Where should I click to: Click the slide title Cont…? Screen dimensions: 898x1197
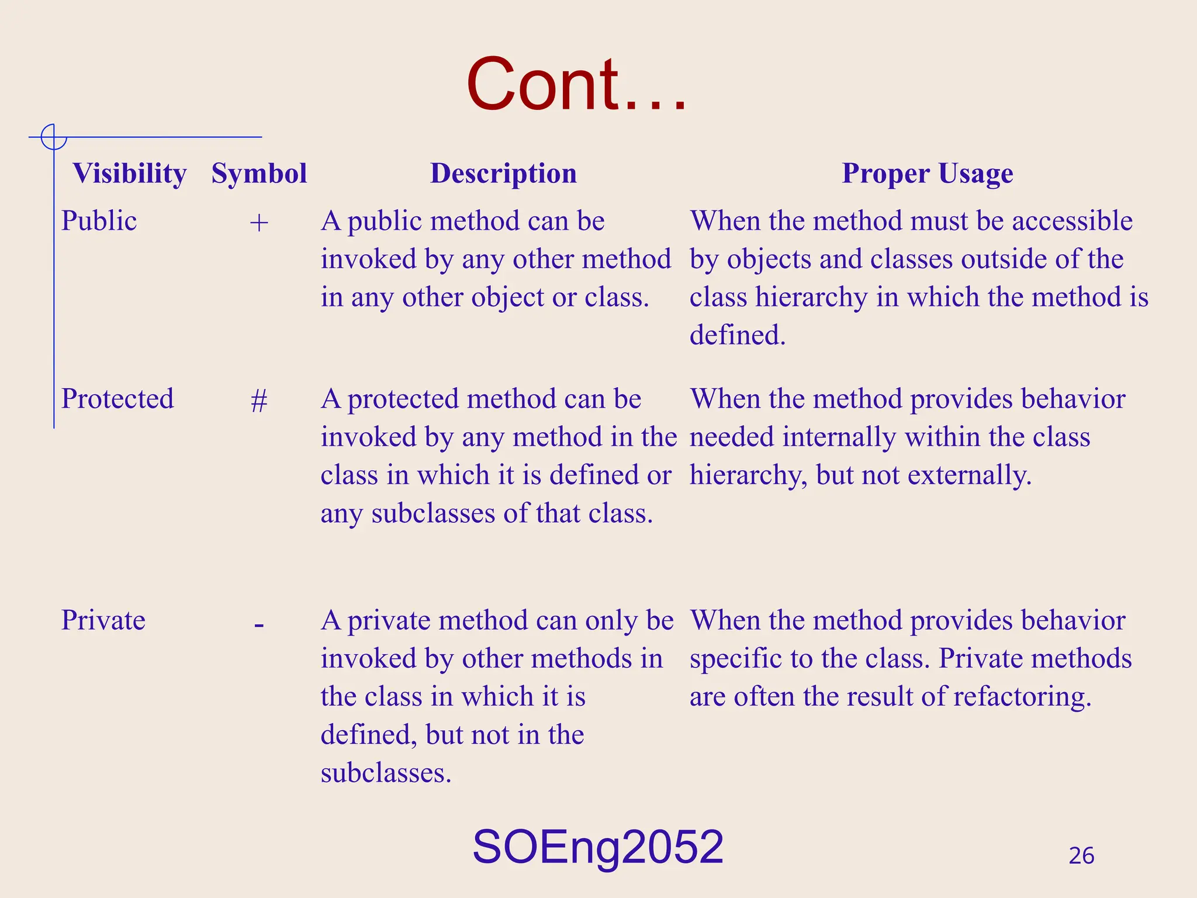coord(576,84)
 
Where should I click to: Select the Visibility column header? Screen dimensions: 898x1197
coord(129,174)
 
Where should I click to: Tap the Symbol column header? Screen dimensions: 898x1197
coord(259,174)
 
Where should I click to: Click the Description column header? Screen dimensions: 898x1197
coord(503,174)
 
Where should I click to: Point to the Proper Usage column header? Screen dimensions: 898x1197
coord(927,174)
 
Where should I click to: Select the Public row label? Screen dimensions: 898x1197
coord(99,221)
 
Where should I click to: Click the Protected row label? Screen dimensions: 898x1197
coord(117,399)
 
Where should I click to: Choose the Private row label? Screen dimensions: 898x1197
coord(103,620)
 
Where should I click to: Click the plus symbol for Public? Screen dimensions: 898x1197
coord(259,223)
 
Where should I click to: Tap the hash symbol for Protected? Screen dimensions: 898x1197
coord(259,401)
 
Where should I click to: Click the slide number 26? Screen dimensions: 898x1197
coord(1081,856)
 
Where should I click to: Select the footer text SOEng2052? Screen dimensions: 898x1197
coord(598,847)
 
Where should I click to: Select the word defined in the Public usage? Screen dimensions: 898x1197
coord(737,336)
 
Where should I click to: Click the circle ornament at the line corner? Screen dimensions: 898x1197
coord(54,137)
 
